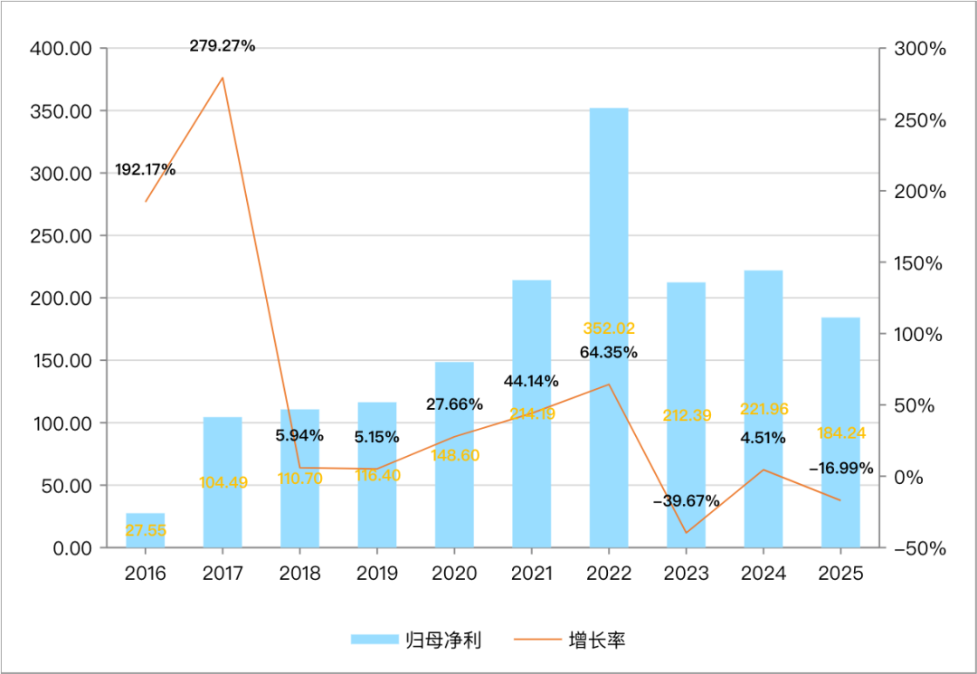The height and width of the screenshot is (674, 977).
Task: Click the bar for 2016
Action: click(145, 530)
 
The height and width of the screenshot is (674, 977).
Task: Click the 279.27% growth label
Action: click(223, 45)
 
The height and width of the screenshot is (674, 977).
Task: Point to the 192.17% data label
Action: click(146, 169)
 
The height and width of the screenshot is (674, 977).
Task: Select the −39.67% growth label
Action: click(687, 500)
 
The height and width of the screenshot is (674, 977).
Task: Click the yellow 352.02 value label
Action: click(608, 328)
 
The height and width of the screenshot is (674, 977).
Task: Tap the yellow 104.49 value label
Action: click(223, 483)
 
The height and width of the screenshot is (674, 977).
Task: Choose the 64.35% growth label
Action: click(609, 351)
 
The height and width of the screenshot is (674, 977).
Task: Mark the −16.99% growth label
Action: click(841, 468)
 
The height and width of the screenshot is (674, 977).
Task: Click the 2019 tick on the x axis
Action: click(376, 574)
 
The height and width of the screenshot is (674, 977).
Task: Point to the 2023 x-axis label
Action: click(686, 574)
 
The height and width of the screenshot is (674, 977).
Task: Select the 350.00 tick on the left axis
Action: click(62, 110)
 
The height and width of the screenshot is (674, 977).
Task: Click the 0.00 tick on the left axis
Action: click(73, 547)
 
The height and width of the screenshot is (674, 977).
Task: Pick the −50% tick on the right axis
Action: click(917, 549)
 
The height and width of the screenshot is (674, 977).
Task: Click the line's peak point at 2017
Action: click(223, 78)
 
